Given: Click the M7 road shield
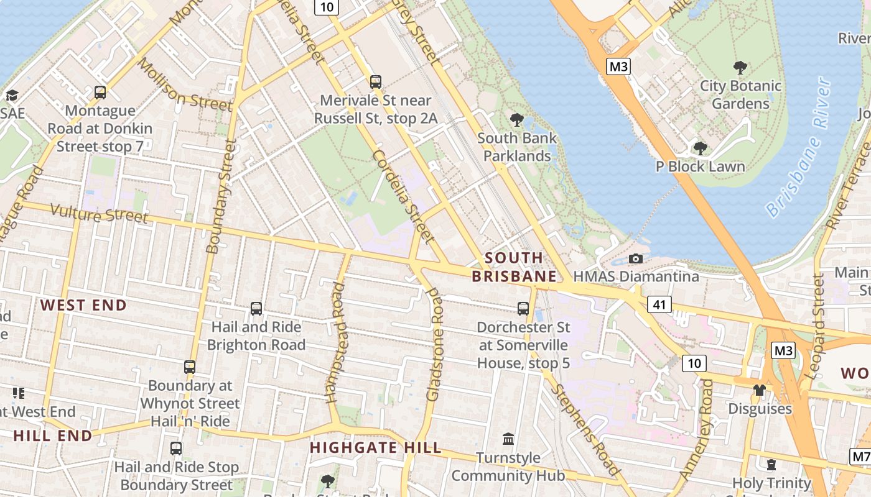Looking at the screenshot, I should click(861, 457).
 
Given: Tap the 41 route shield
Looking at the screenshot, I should click(659, 304).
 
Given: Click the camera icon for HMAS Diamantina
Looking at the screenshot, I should click(635, 258).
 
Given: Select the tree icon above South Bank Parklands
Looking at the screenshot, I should click(516, 119).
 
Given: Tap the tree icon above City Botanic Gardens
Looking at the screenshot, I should click(740, 67).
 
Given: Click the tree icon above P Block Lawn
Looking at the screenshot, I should click(700, 148).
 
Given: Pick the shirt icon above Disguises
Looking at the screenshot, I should click(759, 390).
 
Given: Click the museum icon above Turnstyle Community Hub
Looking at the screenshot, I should click(508, 439).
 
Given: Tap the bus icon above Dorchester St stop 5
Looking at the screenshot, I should click(523, 308).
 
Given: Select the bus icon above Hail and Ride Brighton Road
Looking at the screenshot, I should click(256, 308).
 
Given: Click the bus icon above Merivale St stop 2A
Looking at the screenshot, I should click(375, 81).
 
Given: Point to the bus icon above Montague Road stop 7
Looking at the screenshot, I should click(100, 93).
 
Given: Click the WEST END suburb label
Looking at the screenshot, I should click(83, 305).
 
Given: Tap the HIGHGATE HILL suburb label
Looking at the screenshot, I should click(376, 447).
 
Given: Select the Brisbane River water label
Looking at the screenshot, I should click(799, 148).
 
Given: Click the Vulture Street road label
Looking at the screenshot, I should click(99, 213).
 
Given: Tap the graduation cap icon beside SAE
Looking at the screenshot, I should click(11, 95).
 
